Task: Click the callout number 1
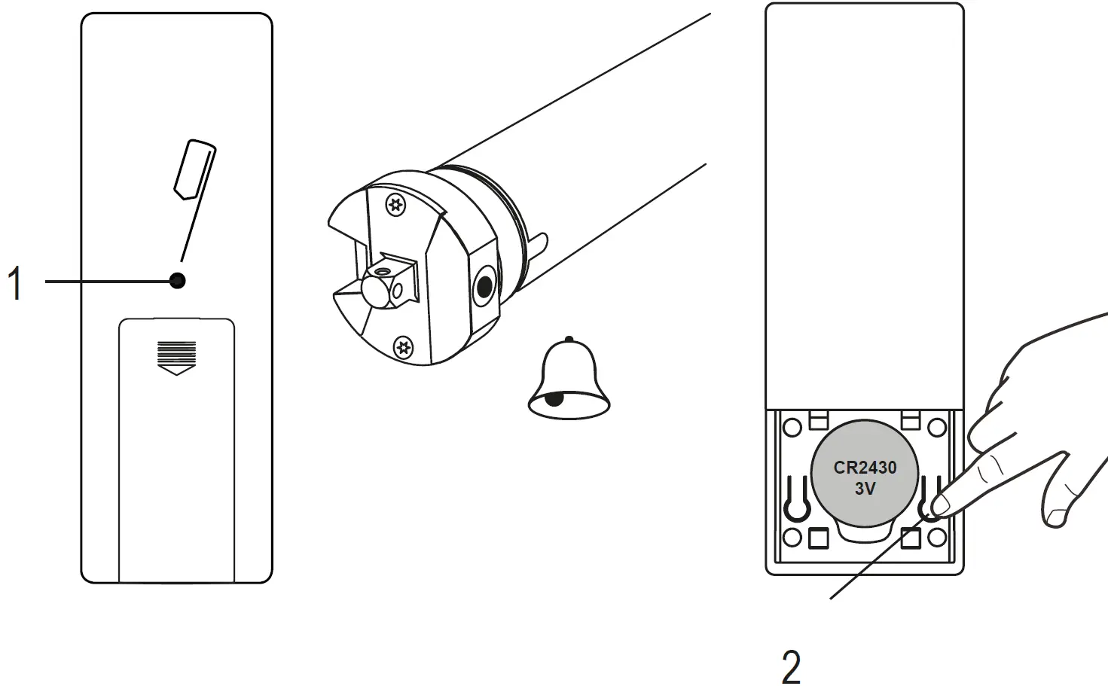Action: point(15,283)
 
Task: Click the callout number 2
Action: point(791,666)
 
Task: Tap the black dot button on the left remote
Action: point(178,281)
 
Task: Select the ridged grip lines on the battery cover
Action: point(176,351)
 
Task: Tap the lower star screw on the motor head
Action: point(404,346)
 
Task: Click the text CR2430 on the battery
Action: point(865,468)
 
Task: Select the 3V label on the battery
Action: point(865,489)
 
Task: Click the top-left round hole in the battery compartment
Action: point(792,428)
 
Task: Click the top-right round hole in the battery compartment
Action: point(936,428)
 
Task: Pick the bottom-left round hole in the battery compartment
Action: point(792,537)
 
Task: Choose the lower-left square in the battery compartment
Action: point(819,538)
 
